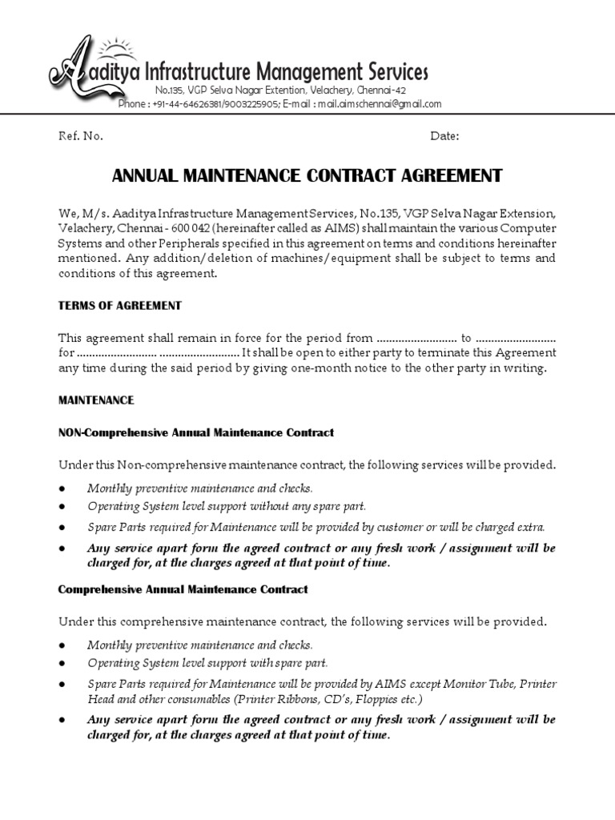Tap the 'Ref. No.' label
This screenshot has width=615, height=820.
click(x=81, y=136)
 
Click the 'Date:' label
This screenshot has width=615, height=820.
click(x=444, y=136)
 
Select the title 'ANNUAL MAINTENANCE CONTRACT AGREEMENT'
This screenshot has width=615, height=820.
click(x=307, y=176)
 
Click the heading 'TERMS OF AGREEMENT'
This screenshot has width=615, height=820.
click(x=120, y=305)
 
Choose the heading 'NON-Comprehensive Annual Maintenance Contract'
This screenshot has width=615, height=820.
click(x=196, y=432)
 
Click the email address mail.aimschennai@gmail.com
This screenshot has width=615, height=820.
click(x=379, y=104)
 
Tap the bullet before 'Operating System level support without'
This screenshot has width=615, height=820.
click(x=63, y=507)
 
